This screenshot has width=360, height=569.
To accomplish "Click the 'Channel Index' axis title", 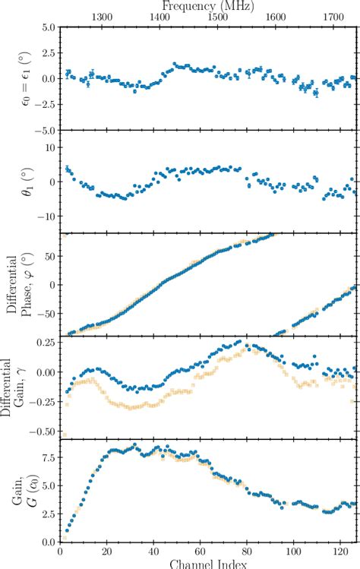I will point(207,563).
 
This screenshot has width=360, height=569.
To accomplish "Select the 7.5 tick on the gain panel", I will point(46,479).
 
